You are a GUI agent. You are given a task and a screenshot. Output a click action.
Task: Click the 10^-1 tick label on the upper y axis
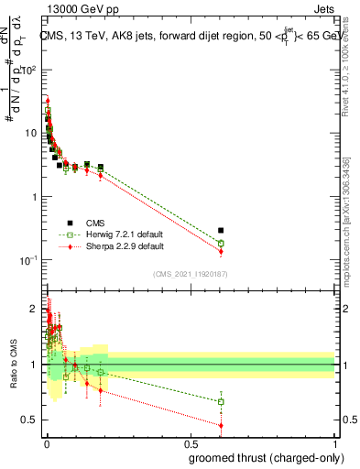tap(27, 261)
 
